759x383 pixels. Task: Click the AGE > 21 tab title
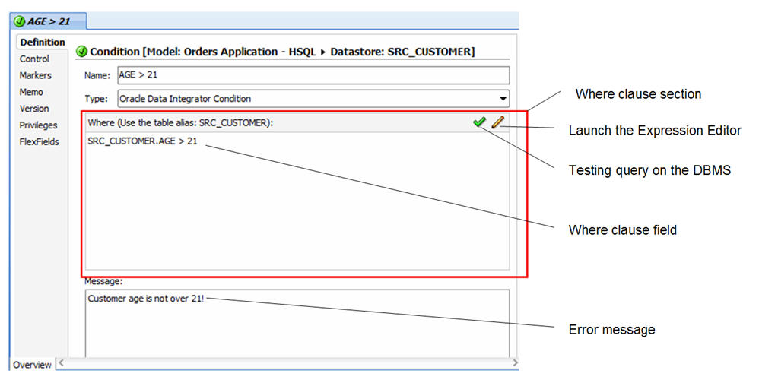(49, 22)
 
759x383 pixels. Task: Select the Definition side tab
(43, 42)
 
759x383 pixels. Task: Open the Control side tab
(34, 59)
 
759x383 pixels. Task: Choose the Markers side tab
(35, 75)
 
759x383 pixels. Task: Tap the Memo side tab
(31, 92)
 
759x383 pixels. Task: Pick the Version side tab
(34, 109)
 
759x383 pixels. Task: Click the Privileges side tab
(38, 125)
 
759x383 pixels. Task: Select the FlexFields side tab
(40, 141)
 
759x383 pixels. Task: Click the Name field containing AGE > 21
(313, 75)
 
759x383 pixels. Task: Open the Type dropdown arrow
(503, 99)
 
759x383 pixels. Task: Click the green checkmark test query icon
(479, 122)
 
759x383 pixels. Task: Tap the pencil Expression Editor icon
(497, 122)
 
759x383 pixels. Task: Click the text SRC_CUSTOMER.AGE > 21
(142, 141)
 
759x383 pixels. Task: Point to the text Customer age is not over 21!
(146, 299)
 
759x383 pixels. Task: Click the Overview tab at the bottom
(32, 365)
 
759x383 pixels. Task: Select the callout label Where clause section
(638, 93)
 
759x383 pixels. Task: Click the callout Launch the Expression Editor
(655, 131)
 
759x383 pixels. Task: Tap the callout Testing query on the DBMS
(649, 170)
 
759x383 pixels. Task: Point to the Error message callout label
(612, 330)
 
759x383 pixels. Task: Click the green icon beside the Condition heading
(82, 51)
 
